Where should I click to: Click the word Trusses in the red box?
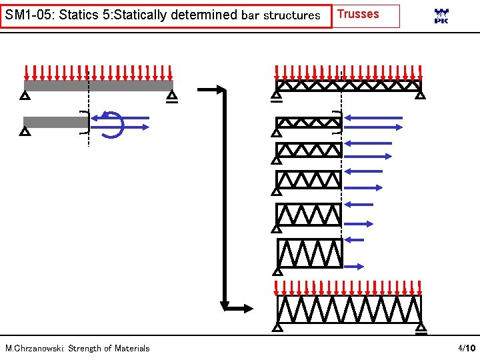coord(358,14)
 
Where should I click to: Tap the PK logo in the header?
coord(441,16)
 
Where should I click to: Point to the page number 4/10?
coord(465,348)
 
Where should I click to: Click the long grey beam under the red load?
coord(98,85)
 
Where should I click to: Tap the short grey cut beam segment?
coord(55,122)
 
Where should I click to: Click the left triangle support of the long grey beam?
coord(25,96)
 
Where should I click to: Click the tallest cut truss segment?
coord(309,253)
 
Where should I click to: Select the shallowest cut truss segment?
coord(309,123)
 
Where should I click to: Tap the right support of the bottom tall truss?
coord(421,327)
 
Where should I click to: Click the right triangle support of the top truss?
coord(420,95)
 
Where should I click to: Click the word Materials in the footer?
coord(132,348)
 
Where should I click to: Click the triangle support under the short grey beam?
coord(25,131)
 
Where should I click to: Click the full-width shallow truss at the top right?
coord(349,85)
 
